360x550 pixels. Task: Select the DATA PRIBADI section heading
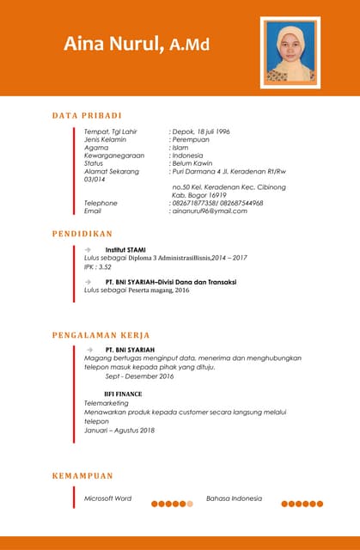[87, 115]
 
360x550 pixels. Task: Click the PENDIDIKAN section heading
[82, 233]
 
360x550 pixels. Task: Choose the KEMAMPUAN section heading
[82, 475]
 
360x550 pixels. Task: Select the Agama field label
[96, 148]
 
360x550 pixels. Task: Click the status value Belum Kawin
[198, 163]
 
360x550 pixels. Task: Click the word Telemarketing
[107, 402]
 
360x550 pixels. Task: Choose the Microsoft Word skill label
[107, 498]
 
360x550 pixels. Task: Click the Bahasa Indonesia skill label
[234, 498]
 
